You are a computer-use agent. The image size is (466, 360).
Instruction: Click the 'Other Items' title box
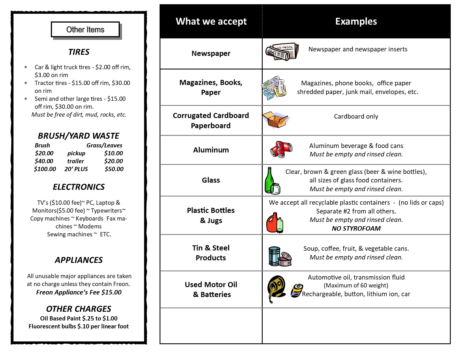tap(85, 29)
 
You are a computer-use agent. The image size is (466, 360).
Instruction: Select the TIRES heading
tap(79, 52)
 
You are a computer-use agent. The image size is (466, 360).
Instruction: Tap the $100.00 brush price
tap(45, 169)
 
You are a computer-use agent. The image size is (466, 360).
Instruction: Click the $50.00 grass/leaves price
tap(114, 169)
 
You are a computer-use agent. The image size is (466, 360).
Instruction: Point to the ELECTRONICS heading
tap(79, 187)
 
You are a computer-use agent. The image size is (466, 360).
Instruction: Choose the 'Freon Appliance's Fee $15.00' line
tap(79, 292)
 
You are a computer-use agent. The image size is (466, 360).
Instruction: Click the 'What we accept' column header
tap(211, 21)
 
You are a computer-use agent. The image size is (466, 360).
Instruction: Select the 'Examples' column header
tap(356, 21)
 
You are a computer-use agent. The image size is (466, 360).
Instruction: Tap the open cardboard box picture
tap(275, 120)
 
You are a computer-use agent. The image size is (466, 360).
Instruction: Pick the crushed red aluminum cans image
tap(281, 149)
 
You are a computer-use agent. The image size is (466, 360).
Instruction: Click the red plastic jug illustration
tap(272, 223)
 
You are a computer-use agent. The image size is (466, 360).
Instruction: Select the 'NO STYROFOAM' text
tap(356, 228)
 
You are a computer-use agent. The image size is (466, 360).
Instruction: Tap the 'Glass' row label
tap(211, 180)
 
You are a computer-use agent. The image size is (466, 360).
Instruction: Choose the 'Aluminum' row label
tap(211, 150)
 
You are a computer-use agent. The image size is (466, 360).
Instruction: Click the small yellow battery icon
tap(297, 291)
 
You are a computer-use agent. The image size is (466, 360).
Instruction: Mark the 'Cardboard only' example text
tap(356, 116)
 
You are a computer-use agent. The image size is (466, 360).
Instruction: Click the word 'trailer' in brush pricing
tap(76, 161)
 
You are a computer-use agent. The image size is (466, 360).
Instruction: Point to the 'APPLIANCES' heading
tap(79, 260)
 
